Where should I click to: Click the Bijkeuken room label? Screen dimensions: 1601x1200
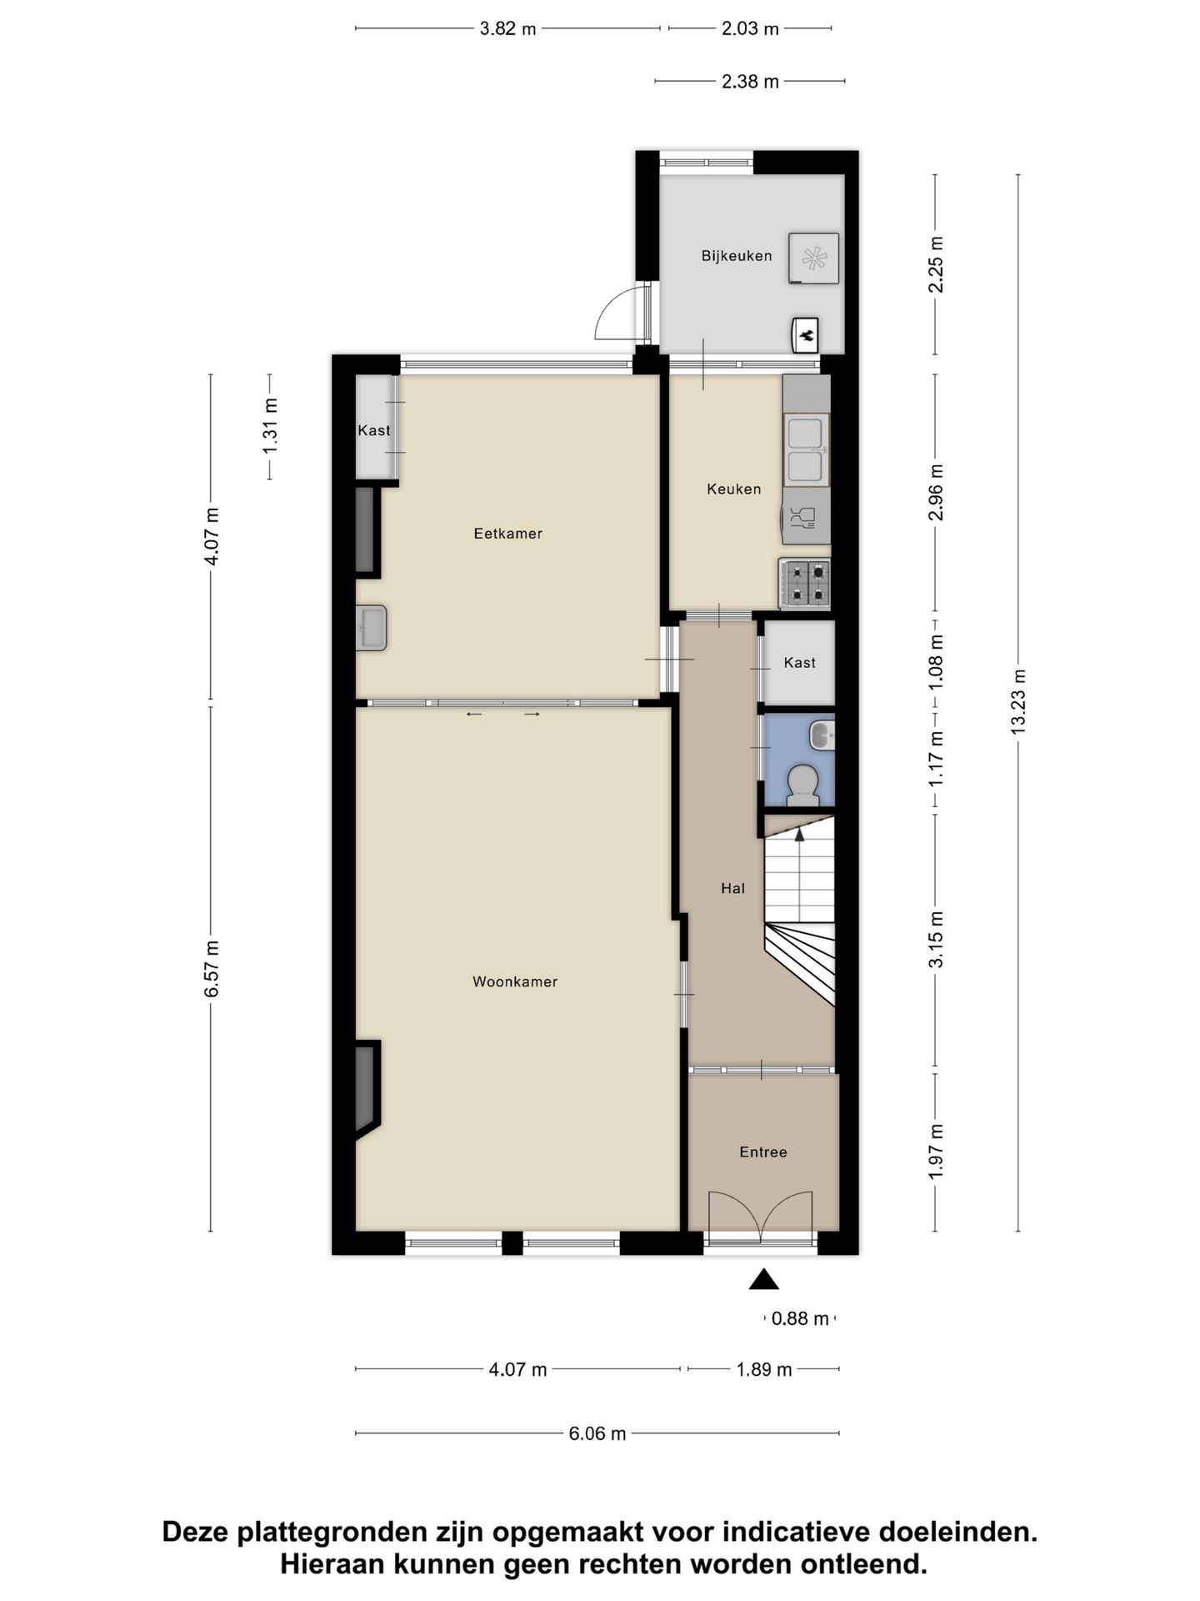[736, 256]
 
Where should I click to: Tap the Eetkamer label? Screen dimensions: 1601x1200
[507, 534]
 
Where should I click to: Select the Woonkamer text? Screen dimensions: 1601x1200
[515, 981]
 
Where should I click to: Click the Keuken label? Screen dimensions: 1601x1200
[733, 489]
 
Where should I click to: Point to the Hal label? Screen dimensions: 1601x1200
[732, 888]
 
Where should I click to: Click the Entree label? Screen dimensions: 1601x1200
[762, 1152]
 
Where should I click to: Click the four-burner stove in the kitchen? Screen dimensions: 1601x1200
[806, 582]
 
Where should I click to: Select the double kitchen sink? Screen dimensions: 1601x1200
[806, 449]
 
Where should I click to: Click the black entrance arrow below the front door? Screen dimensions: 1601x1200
[763, 1280]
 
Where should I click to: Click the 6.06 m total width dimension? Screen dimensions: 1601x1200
[597, 1433]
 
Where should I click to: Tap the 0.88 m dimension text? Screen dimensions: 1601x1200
[799, 1318]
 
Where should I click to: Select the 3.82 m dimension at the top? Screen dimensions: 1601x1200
[507, 28]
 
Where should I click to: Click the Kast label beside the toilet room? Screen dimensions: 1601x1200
[799, 663]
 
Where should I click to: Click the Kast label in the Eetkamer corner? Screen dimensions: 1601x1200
[373, 430]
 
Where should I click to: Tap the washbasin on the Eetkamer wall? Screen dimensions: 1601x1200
[372, 628]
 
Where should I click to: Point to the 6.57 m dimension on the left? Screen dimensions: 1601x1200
[212, 968]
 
